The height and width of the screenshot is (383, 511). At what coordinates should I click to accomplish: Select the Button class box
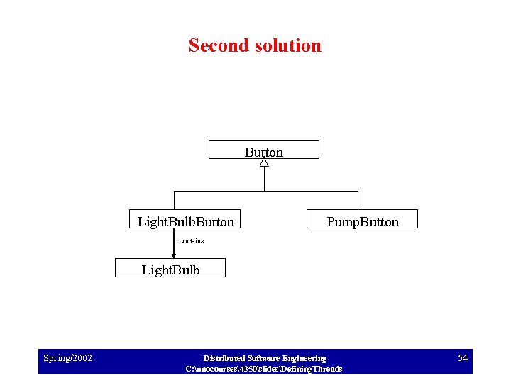tap(263, 150)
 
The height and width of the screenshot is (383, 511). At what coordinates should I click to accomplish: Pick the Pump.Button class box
tap(362, 219)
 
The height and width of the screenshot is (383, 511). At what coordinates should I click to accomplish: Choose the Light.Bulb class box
tap(170, 268)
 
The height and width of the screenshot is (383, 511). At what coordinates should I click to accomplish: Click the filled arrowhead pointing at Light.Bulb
tap(174, 255)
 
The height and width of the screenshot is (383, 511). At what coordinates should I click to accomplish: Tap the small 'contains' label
tap(192, 241)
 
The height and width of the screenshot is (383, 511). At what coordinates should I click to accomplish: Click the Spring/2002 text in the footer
tap(67, 358)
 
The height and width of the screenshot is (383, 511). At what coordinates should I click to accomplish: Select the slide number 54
tap(462, 358)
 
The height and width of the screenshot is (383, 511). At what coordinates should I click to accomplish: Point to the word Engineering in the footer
tap(304, 358)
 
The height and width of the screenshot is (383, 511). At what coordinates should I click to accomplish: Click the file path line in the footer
tap(264, 369)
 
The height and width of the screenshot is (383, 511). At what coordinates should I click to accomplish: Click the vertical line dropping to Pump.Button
tap(358, 201)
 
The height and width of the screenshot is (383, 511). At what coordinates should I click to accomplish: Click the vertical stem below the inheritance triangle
tap(264, 179)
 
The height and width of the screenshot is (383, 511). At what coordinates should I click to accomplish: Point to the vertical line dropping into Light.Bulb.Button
tap(174, 201)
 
